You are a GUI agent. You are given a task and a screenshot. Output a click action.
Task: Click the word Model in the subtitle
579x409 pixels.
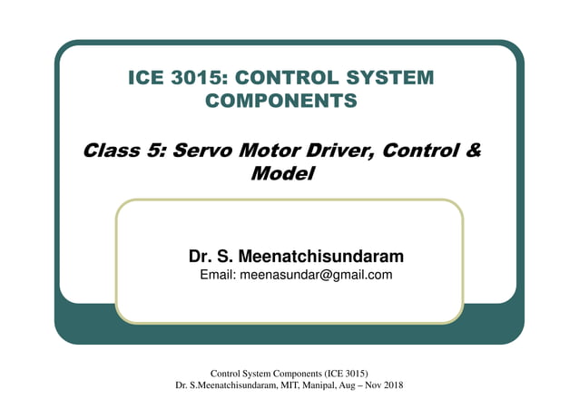click(281, 171)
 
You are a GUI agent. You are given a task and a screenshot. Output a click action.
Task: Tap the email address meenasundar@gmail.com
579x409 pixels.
click(315, 275)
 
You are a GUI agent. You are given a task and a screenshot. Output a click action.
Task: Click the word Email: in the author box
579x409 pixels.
click(217, 275)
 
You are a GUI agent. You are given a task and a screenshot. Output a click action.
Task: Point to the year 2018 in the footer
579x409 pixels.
click(393, 385)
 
